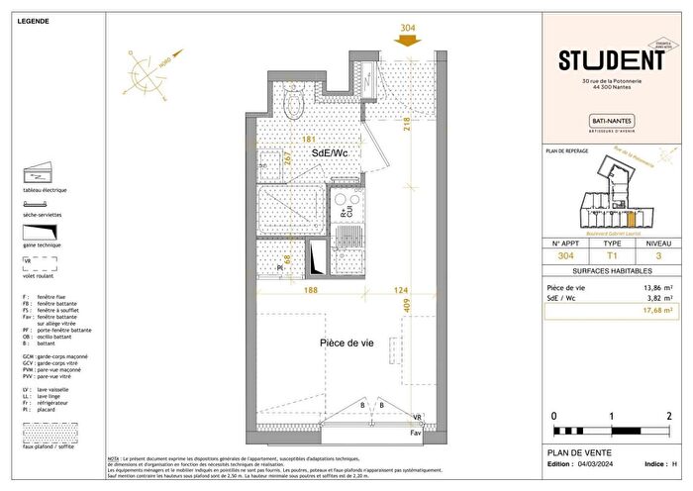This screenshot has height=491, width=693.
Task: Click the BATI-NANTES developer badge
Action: (x=609, y=122)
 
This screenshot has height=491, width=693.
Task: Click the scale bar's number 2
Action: (x=669, y=416)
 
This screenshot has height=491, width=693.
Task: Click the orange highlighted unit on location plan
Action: (x=629, y=219)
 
